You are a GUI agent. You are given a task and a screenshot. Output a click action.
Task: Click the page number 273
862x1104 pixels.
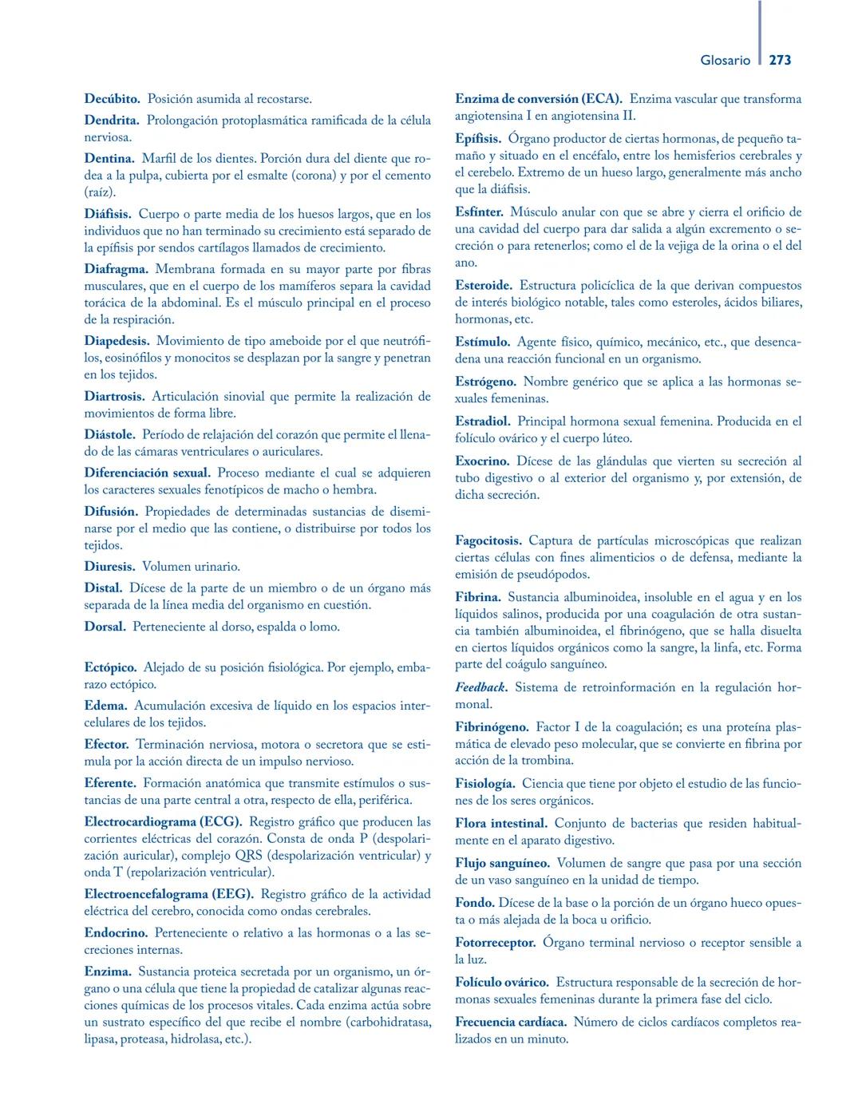pos(780,60)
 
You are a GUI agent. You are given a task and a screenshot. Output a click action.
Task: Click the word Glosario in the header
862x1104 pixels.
pos(725,60)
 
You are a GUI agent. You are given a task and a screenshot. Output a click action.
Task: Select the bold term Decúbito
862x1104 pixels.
pos(112,99)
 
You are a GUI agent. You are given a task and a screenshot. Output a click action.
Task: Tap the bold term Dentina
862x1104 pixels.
pos(109,159)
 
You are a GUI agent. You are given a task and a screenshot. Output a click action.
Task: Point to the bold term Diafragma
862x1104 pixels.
pos(116,269)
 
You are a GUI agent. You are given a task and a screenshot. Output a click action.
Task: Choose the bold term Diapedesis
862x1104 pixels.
pos(117,341)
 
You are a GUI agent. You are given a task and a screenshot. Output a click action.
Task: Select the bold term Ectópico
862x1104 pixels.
pos(110,667)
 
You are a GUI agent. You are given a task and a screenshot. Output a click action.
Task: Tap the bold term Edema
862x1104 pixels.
pos(105,706)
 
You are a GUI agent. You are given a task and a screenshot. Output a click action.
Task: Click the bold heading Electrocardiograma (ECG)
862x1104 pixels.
pos(163,822)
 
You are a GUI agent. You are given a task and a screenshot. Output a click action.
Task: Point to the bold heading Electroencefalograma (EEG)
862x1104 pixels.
pos(168,894)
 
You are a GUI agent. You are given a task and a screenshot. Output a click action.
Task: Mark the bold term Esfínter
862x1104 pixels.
pos(479,212)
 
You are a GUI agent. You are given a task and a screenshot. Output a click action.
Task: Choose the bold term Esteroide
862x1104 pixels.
pos(484,285)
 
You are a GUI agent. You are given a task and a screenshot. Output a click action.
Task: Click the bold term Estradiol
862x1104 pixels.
pos(482,421)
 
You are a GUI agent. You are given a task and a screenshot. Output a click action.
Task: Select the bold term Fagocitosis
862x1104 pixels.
pos(488,541)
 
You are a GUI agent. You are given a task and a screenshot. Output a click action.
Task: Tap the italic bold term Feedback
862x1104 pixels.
pos(481,687)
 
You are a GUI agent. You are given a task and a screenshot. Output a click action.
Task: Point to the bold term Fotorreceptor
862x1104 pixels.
pos(495,943)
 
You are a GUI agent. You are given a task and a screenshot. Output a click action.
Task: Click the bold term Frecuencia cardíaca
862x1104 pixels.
pos(511,1022)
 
